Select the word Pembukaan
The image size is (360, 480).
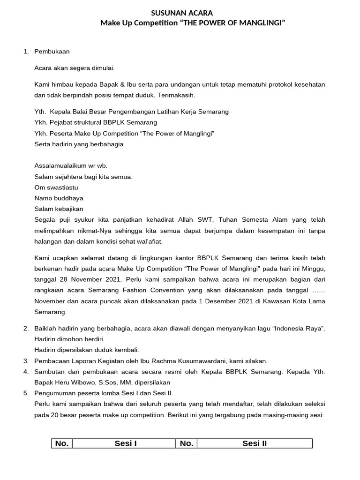pos(52,52)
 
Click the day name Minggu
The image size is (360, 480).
pos(313,268)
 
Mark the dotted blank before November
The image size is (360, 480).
pos(318,290)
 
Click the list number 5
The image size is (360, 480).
pos(26,393)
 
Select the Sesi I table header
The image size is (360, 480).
pos(125,444)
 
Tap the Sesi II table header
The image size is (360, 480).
pos(255,444)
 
